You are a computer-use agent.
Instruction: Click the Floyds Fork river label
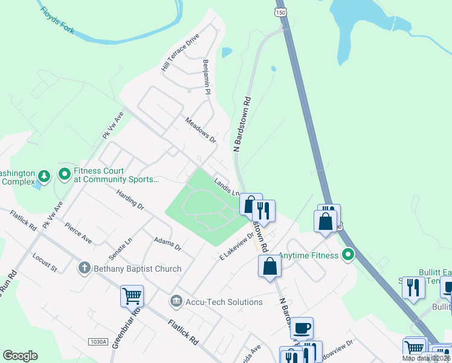click(58, 21)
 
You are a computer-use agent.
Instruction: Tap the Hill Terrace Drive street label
click(179, 53)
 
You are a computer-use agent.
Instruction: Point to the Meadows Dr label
click(201, 130)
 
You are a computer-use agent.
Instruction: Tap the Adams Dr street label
click(167, 244)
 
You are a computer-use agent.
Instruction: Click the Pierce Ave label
click(79, 232)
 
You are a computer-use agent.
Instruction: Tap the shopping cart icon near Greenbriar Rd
click(132, 296)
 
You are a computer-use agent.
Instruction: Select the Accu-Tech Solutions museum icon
click(176, 301)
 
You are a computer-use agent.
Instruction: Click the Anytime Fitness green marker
click(347, 255)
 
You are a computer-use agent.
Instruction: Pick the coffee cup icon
click(302, 328)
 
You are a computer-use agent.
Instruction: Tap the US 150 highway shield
click(280, 12)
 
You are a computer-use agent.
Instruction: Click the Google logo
click(20, 356)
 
